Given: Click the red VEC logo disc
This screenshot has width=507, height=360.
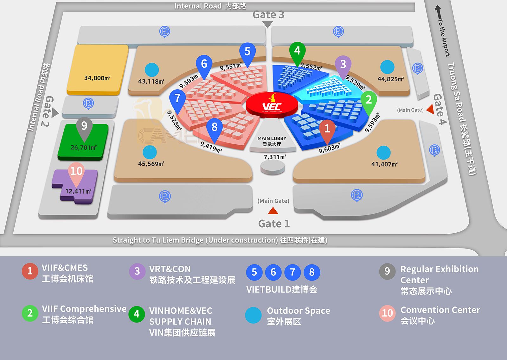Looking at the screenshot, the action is coord(272,105).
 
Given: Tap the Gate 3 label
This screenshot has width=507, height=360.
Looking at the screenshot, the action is coord(268,15).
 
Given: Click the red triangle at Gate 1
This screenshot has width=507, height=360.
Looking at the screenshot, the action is coord(273,211).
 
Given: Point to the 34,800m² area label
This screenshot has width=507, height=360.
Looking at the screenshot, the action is coord(97,78).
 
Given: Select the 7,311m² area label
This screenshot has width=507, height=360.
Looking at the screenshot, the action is coord(275,157).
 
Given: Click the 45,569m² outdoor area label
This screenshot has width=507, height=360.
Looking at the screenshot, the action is coord(151,164).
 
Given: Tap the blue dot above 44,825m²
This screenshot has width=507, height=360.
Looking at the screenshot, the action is coord(387,67).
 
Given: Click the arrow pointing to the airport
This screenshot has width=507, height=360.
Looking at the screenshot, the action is coord(439,12).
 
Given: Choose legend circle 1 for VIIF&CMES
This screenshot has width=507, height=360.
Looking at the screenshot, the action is coord(30,271).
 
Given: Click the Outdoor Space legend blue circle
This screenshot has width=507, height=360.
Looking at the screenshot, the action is coord(253,315).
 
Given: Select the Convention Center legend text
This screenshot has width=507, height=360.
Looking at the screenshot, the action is coord(440,315).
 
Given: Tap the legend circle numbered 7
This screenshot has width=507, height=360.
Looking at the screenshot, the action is coord(293,272).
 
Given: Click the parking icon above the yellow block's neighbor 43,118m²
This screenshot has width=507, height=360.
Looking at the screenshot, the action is coord(164,32).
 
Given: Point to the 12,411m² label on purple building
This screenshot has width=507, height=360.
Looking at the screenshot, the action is coord(78,191).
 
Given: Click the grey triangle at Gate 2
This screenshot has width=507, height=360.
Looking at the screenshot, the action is coord(55,113).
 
